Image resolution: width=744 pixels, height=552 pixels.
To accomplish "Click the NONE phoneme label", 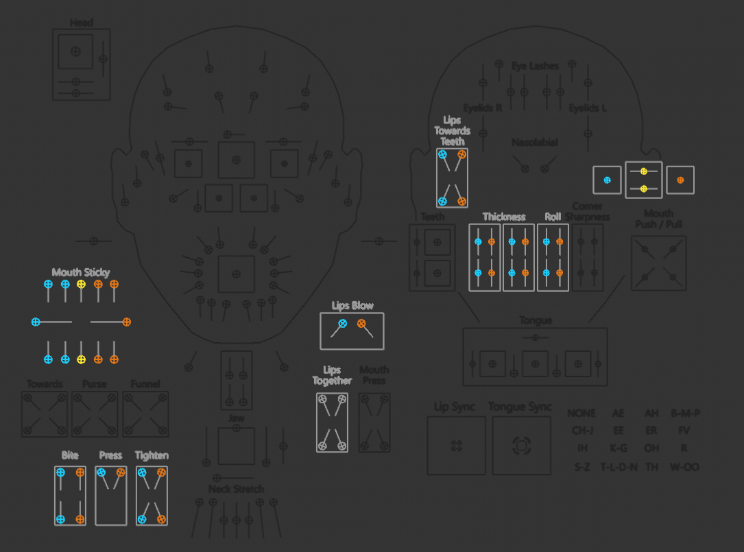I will [x=581, y=413].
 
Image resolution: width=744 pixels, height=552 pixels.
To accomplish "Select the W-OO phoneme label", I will [x=684, y=467].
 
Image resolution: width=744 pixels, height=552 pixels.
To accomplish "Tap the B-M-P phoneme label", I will [x=685, y=413].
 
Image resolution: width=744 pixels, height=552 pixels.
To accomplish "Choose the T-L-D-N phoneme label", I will [x=619, y=467].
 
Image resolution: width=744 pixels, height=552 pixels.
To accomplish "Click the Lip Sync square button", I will [x=456, y=446].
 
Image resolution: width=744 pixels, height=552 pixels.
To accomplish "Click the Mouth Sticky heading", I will [x=81, y=272].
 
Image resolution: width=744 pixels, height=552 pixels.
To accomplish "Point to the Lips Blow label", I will [x=352, y=306].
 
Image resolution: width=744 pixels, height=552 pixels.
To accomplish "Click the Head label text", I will [x=81, y=23].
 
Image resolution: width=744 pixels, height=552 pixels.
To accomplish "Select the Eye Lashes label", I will [x=535, y=66].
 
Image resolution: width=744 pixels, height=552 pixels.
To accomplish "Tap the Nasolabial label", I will [x=535, y=143].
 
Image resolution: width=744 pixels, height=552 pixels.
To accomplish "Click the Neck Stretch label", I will [x=236, y=489].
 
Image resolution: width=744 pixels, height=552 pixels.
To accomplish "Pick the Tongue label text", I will [x=535, y=321].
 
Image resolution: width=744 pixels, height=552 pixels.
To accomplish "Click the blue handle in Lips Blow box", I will [x=342, y=323].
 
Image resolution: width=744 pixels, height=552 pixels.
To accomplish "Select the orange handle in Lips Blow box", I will [x=361, y=323].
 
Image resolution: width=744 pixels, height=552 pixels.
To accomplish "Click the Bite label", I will [x=70, y=455].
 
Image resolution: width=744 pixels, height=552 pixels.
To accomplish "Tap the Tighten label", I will [x=152, y=455].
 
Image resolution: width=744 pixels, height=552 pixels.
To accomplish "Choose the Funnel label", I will [x=145, y=384].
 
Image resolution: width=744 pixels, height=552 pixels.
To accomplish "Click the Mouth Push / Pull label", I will [x=658, y=219].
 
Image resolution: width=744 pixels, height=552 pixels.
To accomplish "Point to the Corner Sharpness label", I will [x=587, y=212].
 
